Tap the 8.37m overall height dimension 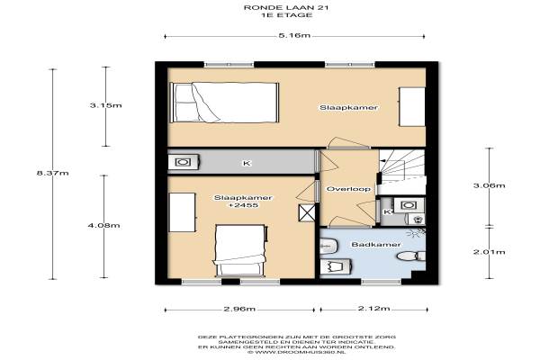[x=53, y=173]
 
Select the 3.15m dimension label [x=105, y=105]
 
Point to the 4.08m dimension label [x=104, y=226]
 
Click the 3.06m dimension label [x=490, y=185]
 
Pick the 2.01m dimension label [x=490, y=252]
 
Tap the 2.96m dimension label [x=239, y=309]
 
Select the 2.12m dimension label [x=374, y=309]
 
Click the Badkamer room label [x=375, y=245]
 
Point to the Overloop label [x=348, y=189]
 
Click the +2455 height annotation [x=244, y=205]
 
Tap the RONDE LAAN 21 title [x=286, y=7]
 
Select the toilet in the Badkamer [x=411, y=256]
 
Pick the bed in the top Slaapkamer [x=224, y=103]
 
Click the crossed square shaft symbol [x=307, y=212]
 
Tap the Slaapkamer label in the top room [x=348, y=107]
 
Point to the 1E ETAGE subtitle [x=287, y=15]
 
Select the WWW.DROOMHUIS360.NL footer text [x=296, y=353]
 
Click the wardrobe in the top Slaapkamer [x=412, y=107]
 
